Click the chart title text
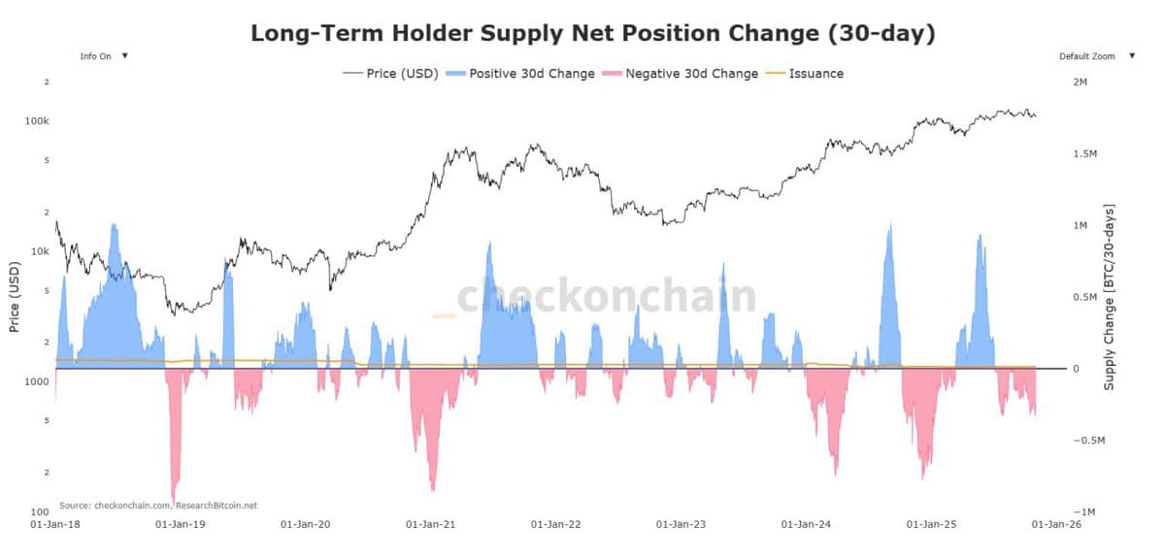click(592, 33)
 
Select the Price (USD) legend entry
click(390, 73)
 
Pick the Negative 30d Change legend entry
click(681, 73)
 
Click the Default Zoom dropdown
click(1096, 56)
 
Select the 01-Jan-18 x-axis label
click(54, 524)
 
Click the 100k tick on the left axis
click(37, 121)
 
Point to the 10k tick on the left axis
click(39, 251)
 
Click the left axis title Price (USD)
click(15, 297)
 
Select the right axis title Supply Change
click(1109, 297)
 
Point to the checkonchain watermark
click(606, 296)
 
